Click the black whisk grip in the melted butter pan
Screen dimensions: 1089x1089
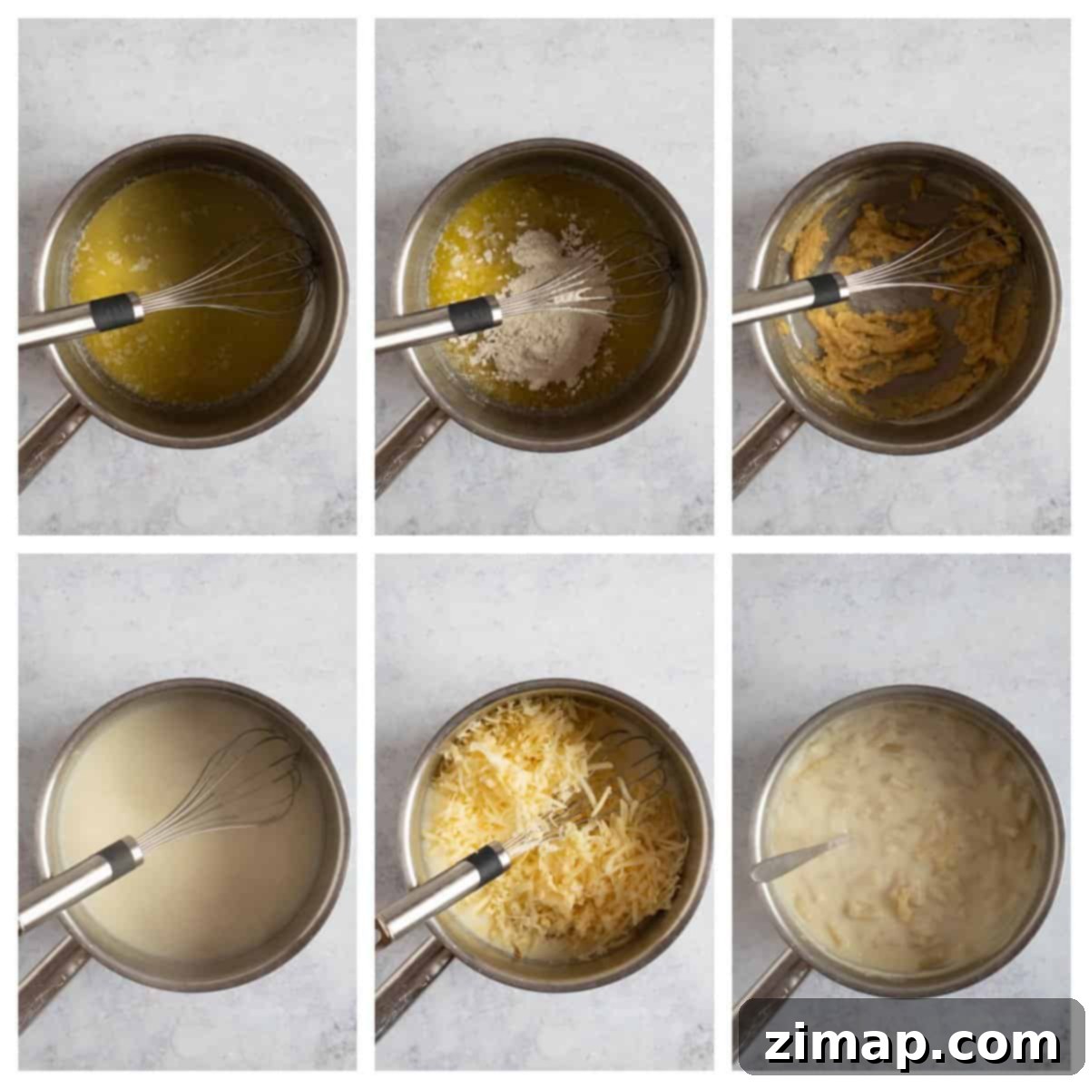tap(116, 311)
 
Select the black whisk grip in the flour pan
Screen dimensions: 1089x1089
tap(475, 315)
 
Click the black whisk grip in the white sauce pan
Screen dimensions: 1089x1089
tap(121, 860)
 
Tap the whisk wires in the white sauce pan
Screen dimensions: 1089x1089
tap(226, 791)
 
